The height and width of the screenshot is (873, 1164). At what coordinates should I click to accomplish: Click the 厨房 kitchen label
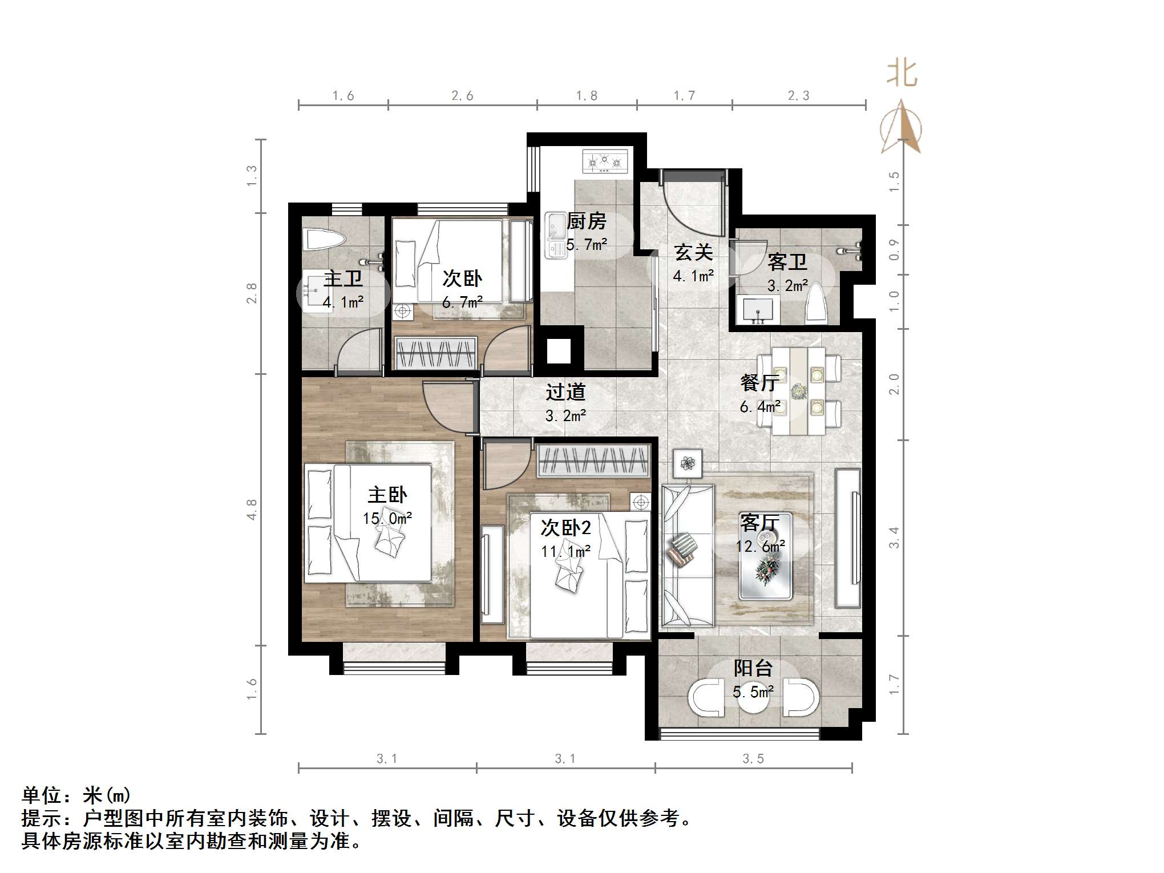click(587, 221)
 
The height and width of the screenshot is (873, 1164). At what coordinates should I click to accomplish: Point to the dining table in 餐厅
click(798, 391)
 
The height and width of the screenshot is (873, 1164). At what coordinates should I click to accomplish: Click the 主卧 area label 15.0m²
click(387, 519)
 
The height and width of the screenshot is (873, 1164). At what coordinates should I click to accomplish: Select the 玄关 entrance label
click(693, 252)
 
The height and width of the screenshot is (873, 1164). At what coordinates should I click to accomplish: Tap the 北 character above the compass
click(902, 74)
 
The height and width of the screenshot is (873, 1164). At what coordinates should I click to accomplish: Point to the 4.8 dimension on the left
click(252, 510)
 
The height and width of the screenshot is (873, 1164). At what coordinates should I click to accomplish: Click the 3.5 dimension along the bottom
click(753, 759)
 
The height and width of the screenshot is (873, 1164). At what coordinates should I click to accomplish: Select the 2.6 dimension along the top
click(462, 96)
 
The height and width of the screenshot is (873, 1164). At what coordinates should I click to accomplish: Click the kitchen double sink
click(555, 235)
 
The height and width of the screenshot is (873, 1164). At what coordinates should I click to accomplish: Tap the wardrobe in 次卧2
click(593, 460)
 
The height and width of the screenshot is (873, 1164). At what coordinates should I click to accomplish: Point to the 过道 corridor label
click(565, 392)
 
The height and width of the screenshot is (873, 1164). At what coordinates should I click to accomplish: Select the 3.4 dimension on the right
click(894, 537)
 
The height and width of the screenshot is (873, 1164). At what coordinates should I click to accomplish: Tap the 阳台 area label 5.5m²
click(753, 692)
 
